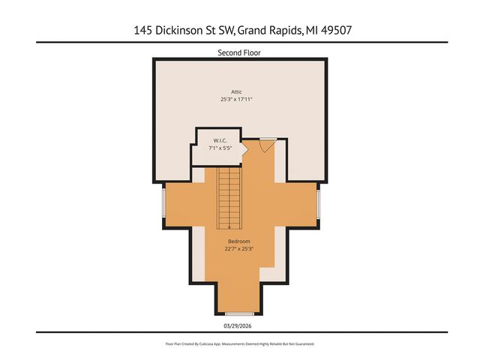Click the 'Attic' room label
(236, 91)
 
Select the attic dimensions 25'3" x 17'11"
(236, 99)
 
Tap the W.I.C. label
(220, 140)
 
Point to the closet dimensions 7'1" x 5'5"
(220, 148)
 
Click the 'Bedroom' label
(239, 241)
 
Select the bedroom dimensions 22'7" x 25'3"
(239, 249)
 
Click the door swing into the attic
(265, 145)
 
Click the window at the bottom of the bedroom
(239, 313)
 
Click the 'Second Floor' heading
(239, 52)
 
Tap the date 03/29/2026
(239, 325)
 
